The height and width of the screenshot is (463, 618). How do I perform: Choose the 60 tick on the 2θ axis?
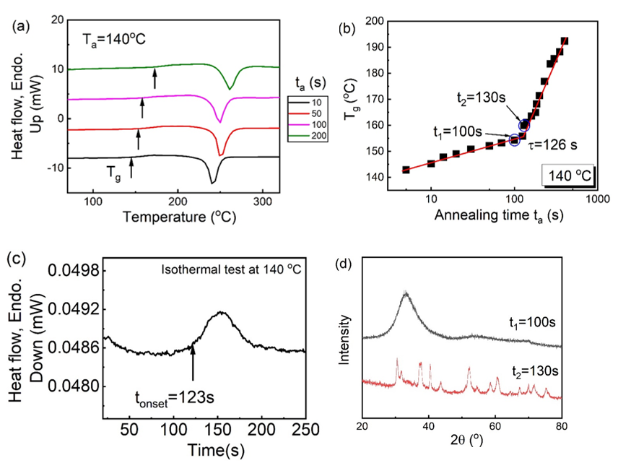pos(495,426)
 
